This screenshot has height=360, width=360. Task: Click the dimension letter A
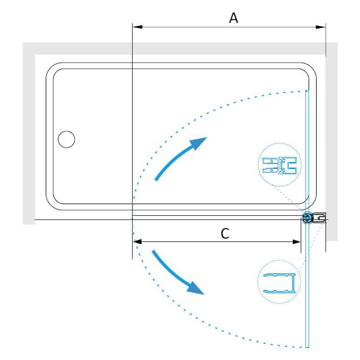click(234, 18)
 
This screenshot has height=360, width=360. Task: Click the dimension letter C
click(225, 234)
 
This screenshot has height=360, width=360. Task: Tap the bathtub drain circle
click(66, 139)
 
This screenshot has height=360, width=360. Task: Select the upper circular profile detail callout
click(279, 165)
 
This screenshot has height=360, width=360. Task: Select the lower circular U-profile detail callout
click(279, 282)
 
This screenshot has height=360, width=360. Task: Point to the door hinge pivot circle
click(307, 217)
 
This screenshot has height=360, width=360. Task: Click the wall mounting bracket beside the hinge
click(319, 218)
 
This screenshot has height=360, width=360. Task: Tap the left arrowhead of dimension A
click(137, 27)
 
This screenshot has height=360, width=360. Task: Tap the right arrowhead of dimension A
click(321, 27)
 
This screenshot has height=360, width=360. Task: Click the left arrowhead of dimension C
click(137, 242)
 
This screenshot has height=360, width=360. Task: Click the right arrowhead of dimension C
click(296, 242)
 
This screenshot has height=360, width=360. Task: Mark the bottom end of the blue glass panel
click(307, 347)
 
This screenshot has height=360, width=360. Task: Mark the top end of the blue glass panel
click(307, 91)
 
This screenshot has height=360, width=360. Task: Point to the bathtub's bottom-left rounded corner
click(51, 205)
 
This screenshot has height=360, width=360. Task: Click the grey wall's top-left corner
click(23, 43)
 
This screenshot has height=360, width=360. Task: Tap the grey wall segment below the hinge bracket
click(332, 232)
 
